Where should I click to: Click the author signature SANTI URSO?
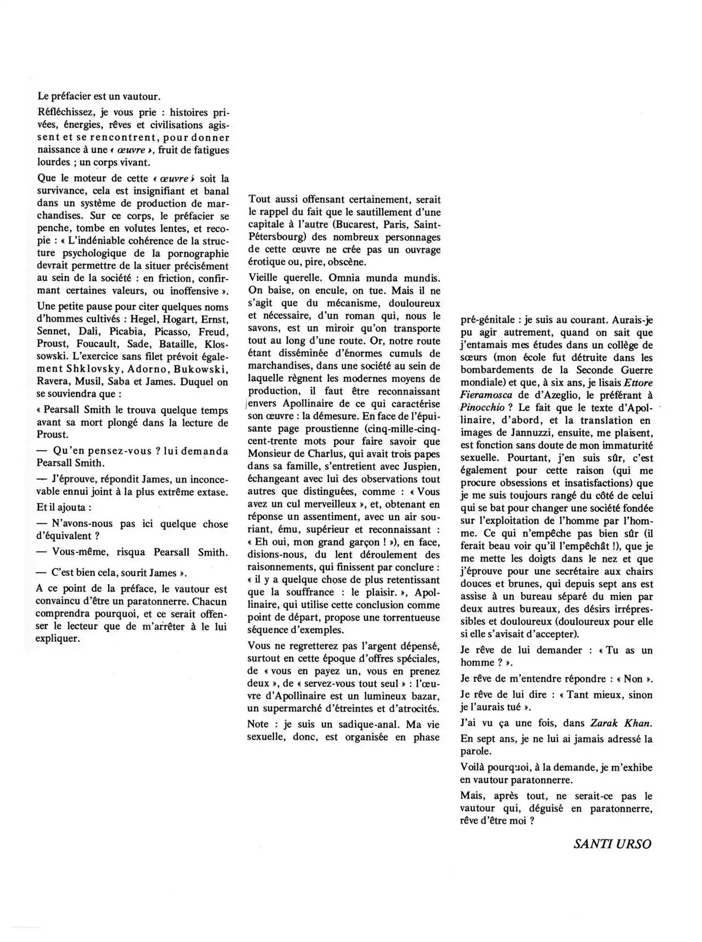coord(613,843)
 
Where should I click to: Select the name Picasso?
coord(168,332)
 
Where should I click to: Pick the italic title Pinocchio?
coord(483,408)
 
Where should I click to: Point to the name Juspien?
coord(421,466)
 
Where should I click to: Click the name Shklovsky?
coord(99,370)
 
